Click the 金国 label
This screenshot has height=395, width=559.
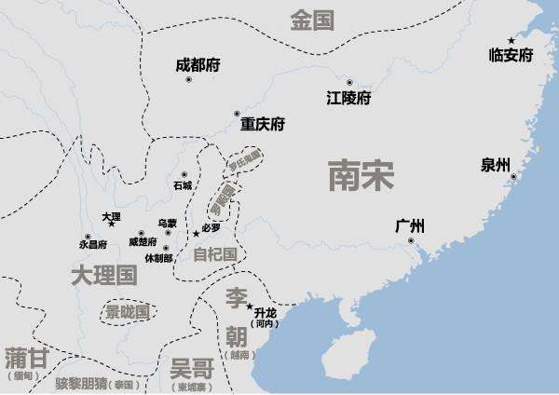311,20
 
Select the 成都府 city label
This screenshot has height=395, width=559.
198,66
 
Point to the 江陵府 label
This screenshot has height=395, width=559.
348,98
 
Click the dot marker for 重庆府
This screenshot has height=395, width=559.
237,113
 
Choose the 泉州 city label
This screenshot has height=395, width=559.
496,166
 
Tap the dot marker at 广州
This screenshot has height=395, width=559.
411,241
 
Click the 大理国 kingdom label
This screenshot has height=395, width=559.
103,275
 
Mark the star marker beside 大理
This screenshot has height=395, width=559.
112,224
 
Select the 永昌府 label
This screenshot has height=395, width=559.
93,244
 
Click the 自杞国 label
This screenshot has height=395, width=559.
214,253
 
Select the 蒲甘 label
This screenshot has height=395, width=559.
25,359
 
